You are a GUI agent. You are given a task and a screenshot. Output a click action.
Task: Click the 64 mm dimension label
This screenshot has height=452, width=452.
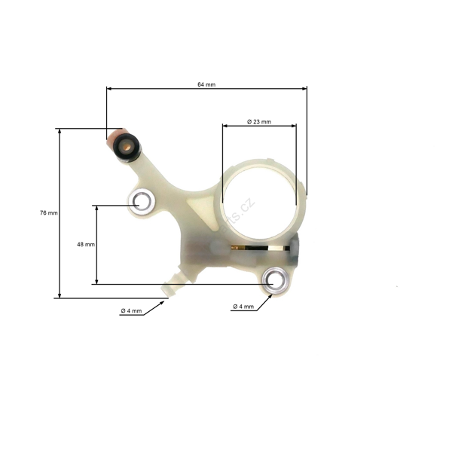(x=206, y=84)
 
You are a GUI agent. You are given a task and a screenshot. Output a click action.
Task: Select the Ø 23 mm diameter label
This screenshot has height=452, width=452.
(x=258, y=122)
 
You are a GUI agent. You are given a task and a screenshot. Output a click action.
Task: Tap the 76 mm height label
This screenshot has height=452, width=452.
(x=48, y=213)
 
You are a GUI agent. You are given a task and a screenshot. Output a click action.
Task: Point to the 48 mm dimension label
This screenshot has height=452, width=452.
(x=85, y=245)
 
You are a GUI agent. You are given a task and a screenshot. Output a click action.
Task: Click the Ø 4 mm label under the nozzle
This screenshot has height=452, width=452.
(x=131, y=311)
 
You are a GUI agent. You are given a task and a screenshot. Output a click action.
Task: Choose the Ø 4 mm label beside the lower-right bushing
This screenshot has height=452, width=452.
(x=243, y=307)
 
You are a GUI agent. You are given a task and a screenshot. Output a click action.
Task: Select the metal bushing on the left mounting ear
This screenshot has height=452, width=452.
(x=142, y=201)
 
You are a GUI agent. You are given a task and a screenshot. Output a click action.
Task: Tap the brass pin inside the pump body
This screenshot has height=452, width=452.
(x=260, y=247)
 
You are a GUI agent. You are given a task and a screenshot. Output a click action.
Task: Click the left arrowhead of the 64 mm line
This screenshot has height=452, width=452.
(x=109, y=89)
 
